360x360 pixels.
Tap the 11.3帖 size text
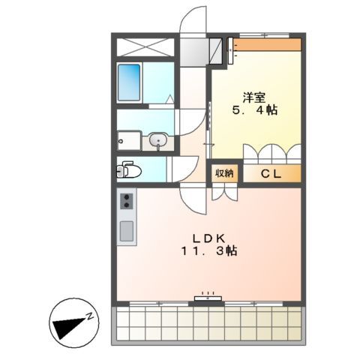(x=208, y=252)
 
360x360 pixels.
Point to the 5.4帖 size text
(x=255, y=110)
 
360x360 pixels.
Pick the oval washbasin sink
(x=158, y=140)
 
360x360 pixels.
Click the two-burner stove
(x=127, y=201)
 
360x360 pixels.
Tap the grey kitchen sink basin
(x=127, y=232)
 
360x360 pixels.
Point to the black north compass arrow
(x=69, y=323)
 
